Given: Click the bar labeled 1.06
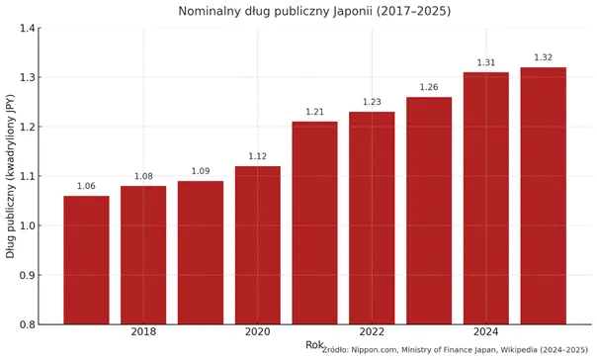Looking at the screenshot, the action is click(86, 260).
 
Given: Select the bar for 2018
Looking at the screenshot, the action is click(143, 255).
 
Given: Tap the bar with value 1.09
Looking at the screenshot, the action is click(201, 252).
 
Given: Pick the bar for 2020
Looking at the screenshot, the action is click(258, 245).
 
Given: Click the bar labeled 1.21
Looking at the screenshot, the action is click(315, 223).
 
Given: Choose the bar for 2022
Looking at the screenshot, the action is click(372, 218).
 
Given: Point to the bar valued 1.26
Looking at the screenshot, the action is click(429, 211).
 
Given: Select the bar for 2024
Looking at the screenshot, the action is click(486, 198).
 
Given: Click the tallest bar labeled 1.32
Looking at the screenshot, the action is click(544, 196).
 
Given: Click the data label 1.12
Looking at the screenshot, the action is click(258, 156).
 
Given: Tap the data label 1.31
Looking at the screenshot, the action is click(486, 62).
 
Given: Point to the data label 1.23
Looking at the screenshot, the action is click(372, 102).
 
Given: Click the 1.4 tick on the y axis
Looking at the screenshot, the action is click(27, 29).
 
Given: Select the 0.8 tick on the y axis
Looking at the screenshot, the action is click(27, 324).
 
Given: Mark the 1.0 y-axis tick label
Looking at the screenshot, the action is click(27, 225).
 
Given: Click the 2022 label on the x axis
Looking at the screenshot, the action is click(372, 331).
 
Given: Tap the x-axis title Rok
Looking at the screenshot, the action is click(314, 345).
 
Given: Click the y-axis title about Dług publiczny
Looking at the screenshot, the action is click(10, 176).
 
